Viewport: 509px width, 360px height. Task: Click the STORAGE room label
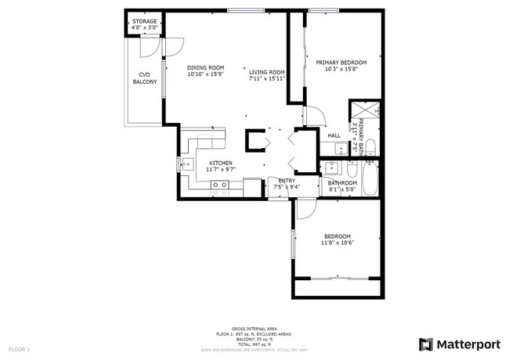(x=144, y=21)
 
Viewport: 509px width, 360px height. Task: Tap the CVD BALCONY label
(x=144, y=78)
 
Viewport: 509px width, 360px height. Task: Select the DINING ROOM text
(x=205, y=67)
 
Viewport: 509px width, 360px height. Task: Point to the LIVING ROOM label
(x=266, y=72)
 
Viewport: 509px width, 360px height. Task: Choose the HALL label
(x=334, y=135)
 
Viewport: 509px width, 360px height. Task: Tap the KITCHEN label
(x=220, y=163)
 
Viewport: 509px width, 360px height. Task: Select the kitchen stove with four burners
(x=220, y=187)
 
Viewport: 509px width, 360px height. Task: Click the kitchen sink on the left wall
(x=188, y=164)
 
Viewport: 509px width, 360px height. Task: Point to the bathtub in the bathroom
(x=370, y=178)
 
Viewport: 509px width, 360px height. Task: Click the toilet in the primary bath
(x=370, y=146)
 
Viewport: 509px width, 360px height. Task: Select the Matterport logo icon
(x=427, y=344)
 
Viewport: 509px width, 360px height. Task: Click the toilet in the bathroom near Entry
(x=351, y=169)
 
